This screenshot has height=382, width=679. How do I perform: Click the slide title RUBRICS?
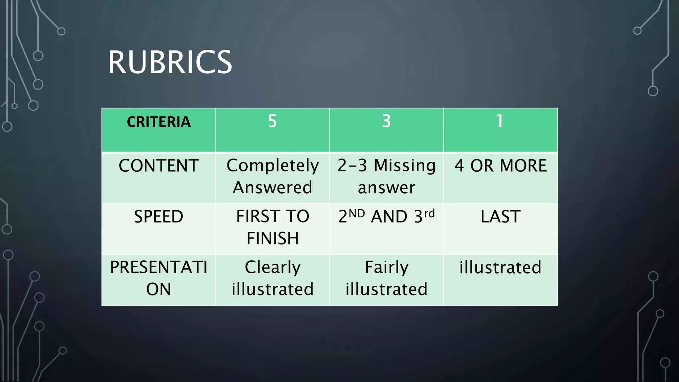170,62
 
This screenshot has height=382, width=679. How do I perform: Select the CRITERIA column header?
158,122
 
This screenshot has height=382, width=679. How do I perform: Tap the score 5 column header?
272,121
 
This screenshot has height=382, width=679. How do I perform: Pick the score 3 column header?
386,121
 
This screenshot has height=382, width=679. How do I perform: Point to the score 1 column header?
500,121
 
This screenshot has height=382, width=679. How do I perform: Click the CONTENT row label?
158,166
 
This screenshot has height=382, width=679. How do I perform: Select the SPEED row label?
158,217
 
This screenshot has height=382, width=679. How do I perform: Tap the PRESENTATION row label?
158,278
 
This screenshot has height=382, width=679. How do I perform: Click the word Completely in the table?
273,166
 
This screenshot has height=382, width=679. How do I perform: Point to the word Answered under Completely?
273,188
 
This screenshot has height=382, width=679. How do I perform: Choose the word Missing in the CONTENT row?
405,166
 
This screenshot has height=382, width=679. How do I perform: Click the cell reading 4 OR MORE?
500,166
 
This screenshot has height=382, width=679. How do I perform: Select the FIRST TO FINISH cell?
273,227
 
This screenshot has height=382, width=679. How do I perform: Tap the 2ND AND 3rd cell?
386,216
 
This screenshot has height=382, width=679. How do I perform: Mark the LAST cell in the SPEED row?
500,217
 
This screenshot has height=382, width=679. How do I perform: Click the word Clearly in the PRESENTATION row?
273,267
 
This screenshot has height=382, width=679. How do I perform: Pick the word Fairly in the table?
387,267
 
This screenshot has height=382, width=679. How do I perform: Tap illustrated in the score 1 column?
500,267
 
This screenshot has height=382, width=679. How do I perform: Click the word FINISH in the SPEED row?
273,238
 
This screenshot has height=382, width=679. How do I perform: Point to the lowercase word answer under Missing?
386,188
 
